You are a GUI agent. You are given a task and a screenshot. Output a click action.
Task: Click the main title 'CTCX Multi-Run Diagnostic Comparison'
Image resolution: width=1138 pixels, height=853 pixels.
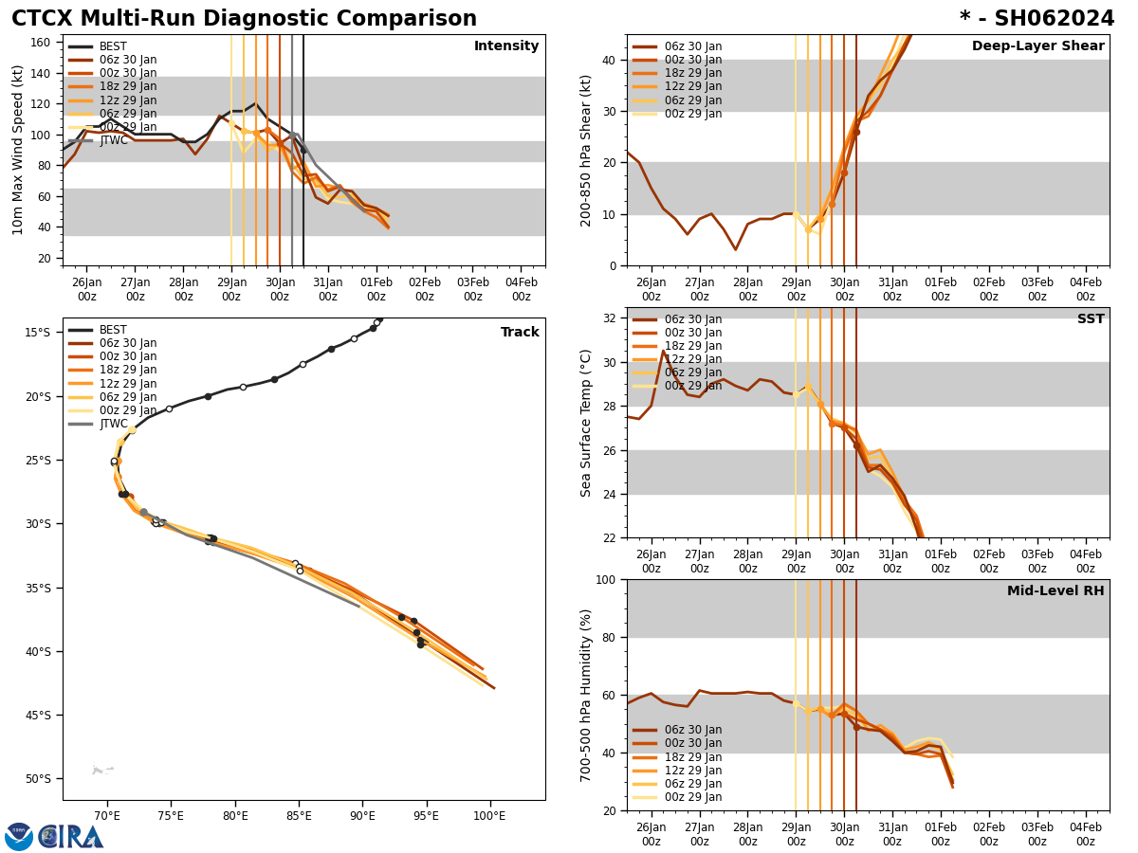click(244, 19)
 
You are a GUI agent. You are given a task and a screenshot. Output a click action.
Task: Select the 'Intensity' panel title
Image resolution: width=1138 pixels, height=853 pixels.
click(506, 46)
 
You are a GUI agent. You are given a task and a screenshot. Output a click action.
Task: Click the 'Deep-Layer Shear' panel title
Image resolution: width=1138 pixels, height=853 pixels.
click(1037, 46)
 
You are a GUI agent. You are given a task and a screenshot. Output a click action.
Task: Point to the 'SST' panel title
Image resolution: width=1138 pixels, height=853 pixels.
click(1091, 319)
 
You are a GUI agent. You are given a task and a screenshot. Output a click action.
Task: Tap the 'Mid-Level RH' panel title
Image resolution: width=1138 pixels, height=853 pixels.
click(1055, 591)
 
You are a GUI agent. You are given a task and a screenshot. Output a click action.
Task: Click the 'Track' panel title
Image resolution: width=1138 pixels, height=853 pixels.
click(520, 333)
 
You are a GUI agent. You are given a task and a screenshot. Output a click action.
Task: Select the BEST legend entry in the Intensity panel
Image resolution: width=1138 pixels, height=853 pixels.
click(112, 46)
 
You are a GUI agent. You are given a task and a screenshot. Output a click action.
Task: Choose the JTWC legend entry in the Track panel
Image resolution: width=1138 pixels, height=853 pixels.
click(113, 424)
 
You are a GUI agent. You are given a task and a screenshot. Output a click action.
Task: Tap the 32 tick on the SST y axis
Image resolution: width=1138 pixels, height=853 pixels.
click(610, 318)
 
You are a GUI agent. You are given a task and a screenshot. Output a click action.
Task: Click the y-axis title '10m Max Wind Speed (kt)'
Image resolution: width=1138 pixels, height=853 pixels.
click(18, 150)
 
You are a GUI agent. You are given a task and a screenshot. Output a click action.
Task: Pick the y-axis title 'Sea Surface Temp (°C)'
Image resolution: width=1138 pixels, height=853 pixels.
click(587, 423)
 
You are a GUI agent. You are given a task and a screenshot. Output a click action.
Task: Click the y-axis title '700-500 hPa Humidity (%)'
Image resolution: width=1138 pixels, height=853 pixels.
click(587, 695)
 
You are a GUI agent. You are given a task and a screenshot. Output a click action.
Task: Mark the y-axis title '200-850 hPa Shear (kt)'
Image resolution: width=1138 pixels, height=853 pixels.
click(587, 150)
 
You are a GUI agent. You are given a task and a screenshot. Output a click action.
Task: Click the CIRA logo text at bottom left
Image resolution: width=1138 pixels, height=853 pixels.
click(71, 837)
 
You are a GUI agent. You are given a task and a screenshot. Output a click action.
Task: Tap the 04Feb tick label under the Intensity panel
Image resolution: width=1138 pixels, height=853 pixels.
click(521, 288)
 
